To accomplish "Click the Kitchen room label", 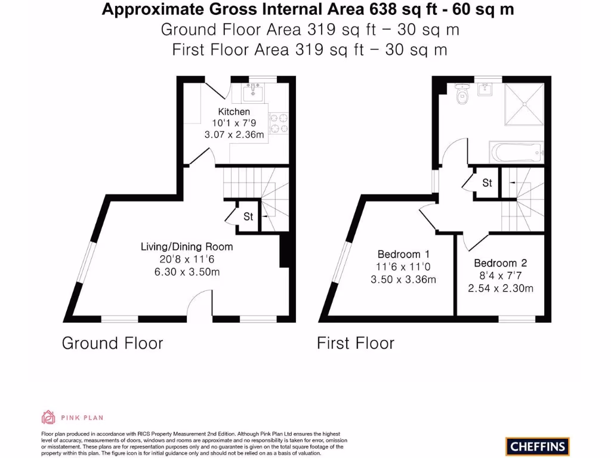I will tap(234, 112).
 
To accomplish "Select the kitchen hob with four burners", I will tap(278, 123).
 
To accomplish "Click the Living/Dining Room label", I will tap(187, 246).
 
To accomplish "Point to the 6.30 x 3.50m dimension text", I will tap(187, 272).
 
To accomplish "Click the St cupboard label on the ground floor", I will tap(248, 216).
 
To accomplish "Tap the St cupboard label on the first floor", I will tap(487, 183).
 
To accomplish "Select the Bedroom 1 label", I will tap(403, 253).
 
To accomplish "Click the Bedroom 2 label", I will tap(500, 263).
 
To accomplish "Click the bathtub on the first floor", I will tap(516, 152).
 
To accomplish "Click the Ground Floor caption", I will tap(112, 343).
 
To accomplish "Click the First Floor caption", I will tap(356, 343).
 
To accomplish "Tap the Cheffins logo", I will tap(537, 445).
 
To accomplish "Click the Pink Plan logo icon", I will tap(48, 417).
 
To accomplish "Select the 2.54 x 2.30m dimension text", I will tap(500, 289).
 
